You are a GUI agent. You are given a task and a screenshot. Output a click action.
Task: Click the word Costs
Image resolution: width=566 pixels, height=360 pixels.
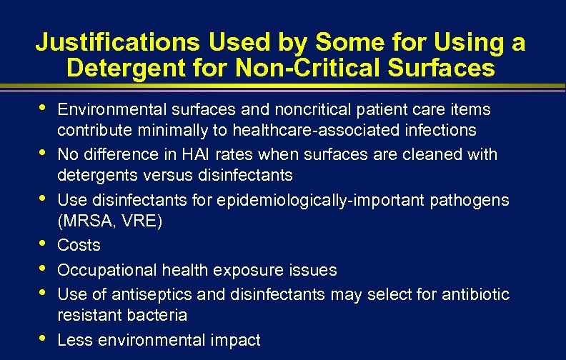[x=79, y=245]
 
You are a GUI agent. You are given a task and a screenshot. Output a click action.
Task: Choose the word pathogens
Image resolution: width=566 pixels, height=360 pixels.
[x=470, y=201]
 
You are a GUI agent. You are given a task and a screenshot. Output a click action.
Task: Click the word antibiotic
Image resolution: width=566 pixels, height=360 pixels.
[x=472, y=294]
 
